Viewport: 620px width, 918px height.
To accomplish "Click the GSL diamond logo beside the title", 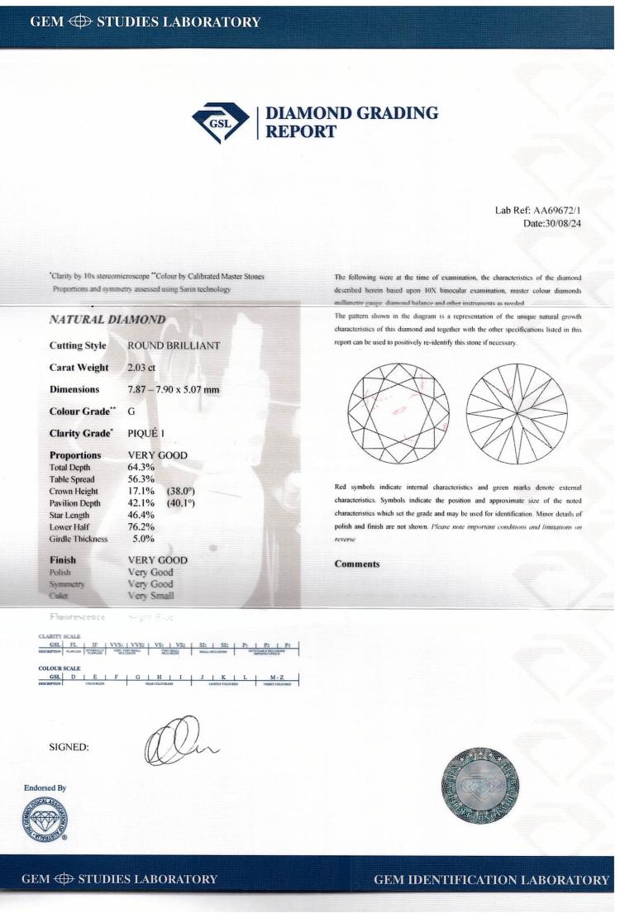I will pyautogui.click(x=226, y=122).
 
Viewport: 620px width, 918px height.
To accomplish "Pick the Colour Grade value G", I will pyautogui.click(x=132, y=411).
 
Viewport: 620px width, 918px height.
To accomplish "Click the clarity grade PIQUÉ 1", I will pyautogui.click(x=152, y=432).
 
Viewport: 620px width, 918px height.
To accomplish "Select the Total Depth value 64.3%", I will pyautogui.click(x=141, y=467).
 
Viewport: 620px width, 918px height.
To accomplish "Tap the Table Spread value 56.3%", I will pyautogui.click(x=141, y=479).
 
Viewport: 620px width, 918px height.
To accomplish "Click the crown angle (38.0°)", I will pyautogui.click(x=182, y=492).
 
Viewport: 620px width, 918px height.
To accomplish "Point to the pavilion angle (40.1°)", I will pyautogui.click(x=182, y=504).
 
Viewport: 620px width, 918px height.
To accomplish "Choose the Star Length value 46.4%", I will pyautogui.click(x=141, y=516).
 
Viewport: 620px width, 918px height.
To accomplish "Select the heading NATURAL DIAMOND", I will pyautogui.click(x=108, y=319).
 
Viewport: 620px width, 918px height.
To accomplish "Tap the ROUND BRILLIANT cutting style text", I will pyautogui.click(x=174, y=345).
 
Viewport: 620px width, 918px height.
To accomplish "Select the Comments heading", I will pyautogui.click(x=357, y=564).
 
